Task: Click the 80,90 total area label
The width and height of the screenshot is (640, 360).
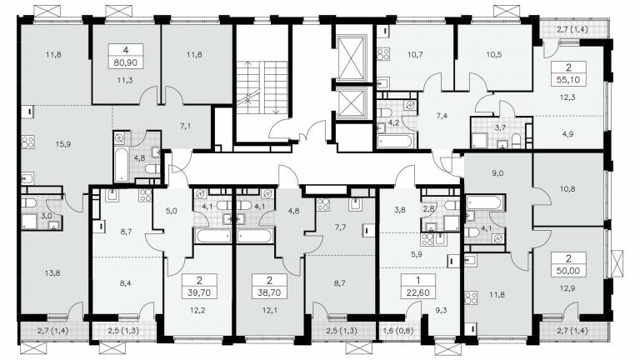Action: pyautogui.click(x=126, y=62)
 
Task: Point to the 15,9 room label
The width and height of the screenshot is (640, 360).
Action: pyautogui.click(x=63, y=143)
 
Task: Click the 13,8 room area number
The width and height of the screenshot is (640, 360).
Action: pyautogui.click(x=52, y=273)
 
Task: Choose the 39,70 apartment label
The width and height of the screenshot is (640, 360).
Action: pyautogui.click(x=199, y=292)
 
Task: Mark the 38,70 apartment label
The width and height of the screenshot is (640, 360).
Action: pyautogui.click(x=269, y=292)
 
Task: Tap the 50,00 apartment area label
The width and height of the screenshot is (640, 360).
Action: pyautogui.click(x=568, y=271)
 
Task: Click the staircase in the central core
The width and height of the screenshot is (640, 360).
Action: pyautogui.click(x=262, y=87)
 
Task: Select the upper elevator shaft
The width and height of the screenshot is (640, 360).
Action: pyautogui.click(x=352, y=58)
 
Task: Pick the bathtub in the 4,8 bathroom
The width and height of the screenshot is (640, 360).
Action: pyautogui.click(x=122, y=165)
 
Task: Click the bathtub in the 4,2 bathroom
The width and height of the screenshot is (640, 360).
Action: pyautogui.click(x=395, y=141)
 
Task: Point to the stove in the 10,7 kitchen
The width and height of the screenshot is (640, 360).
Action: pyautogui.click(x=382, y=54)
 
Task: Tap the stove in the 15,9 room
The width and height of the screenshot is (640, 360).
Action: pyautogui.click(x=27, y=142)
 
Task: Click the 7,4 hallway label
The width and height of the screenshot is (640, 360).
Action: pyautogui.click(x=442, y=116)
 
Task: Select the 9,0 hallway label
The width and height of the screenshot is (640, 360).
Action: pyautogui.click(x=497, y=173)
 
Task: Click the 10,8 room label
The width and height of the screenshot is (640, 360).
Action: pyautogui.click(x=567, y=188)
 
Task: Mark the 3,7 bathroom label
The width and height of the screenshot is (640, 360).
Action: pyautogui.click(x=500, y=127)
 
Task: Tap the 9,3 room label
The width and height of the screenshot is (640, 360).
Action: pyautogui.click(x=441, y=310)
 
